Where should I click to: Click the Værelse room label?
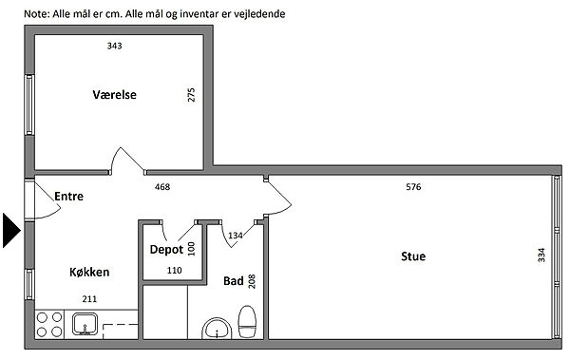[115, 95]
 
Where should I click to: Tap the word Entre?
[68, 197]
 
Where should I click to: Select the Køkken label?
[89, 272]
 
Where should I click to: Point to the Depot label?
[166, 250]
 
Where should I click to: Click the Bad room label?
[234, 281]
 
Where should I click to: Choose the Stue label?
[413, 256]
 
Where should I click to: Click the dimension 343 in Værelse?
[115, 46]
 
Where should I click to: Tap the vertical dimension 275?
[191, 95]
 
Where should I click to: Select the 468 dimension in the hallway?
[162, 187]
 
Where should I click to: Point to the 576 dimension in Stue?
[413, 187]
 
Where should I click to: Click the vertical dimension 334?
[541, 255]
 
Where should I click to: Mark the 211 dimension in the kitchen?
[89, 299]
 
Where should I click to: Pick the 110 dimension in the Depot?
[175, 270]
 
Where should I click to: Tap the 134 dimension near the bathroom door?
[236, 236]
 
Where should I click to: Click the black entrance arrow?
[11, 231]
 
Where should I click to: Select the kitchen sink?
[85, 324]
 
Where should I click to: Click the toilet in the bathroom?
[247, 322]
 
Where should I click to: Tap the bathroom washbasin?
[217, 329]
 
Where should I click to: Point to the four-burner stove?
[49, 324]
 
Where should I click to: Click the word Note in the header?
[36, 14]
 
